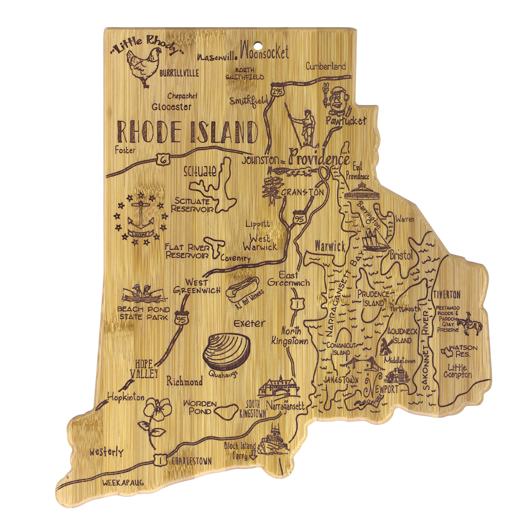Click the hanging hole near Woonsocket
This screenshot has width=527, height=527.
click(x=258, y=46)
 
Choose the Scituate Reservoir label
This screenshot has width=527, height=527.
click(x=192, y=205)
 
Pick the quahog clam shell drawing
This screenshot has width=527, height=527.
click(x=227, y=352)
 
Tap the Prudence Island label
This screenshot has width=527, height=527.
click(x=373, y=298)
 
